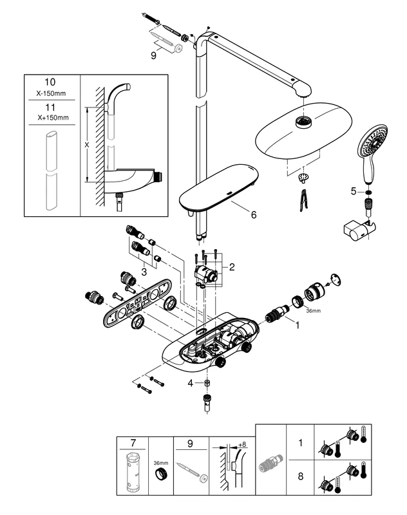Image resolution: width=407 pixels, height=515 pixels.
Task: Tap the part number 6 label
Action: click(253, 214)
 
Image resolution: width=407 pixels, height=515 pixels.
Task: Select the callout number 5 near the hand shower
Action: click(354, 191)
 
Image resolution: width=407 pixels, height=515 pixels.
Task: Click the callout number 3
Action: click(145, 272)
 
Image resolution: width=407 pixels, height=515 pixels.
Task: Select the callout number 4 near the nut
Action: click(191, 384)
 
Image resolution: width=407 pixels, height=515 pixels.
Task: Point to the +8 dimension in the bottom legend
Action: click(241, 444)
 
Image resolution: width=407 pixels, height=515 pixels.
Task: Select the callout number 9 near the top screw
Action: click(153, 56)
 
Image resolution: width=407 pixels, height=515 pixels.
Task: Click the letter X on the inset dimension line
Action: click(87, 145)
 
